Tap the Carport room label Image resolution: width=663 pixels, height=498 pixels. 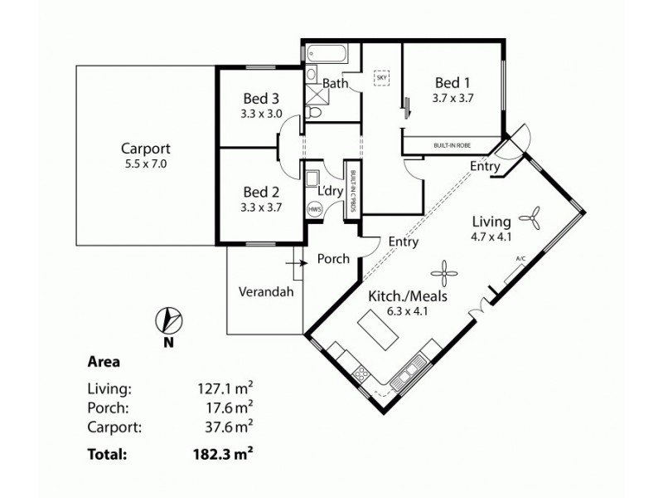(x=145, y=149)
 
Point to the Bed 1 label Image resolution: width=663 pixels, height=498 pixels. (x=452, y=83)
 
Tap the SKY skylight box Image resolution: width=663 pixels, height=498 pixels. (x=382, y=78)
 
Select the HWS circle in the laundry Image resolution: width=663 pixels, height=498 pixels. (x=315, y=210)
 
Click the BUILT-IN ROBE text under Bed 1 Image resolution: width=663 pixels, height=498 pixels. (x=452, y=145)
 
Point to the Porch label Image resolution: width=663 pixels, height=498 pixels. (x=333, y=259)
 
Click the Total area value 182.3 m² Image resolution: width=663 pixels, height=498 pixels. (x=220, y=454)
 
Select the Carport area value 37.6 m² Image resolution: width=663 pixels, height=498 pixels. (x=220, y=427)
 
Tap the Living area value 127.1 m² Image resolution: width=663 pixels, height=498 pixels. (x=220, y=388)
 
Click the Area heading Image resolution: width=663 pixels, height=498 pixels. (x=104, y=362)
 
